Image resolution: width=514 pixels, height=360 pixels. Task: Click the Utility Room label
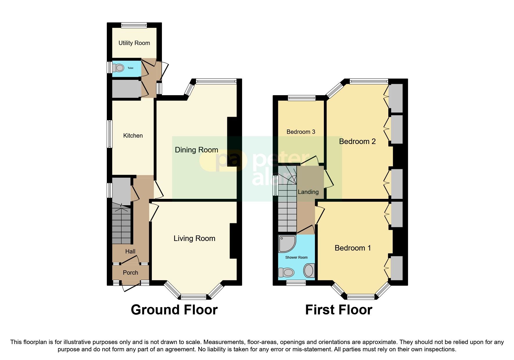point(134,43)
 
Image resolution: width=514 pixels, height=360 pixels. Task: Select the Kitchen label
point(133,136)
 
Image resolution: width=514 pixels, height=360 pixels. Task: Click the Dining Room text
point(196,150)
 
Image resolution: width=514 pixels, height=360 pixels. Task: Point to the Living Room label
point(194,238)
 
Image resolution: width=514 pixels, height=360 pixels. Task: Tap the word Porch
point(130,273)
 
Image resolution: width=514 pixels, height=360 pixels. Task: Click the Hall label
point(130,251)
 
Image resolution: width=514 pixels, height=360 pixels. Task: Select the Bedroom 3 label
point(301,132)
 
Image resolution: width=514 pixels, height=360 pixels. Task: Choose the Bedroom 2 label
point(357,141)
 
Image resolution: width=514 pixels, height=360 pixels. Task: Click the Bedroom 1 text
point(353,248)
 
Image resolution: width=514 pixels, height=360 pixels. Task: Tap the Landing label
point(308,192)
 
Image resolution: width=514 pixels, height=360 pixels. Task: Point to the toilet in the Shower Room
point(286,272)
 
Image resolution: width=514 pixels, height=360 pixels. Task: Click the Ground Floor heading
point(174,310)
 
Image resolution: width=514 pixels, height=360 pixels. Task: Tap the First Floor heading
point(338,310)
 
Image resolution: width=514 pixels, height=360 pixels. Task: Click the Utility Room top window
point(134,25)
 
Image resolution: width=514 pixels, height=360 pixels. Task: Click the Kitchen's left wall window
point(110,134)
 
